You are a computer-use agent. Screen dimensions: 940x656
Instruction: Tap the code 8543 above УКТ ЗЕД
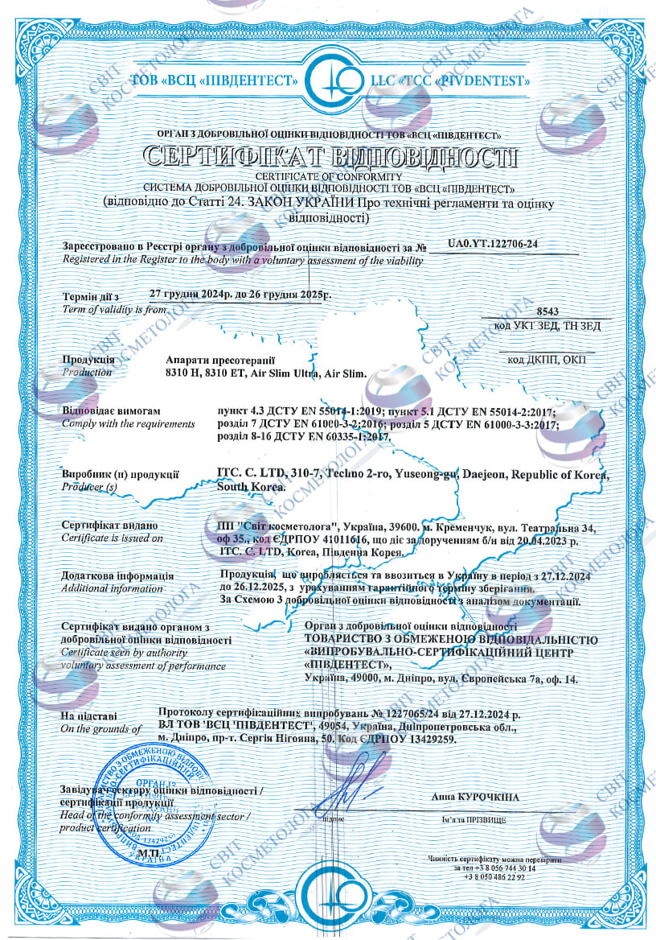point(546,311)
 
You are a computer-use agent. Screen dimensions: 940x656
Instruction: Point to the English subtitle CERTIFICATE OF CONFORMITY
point(328,175)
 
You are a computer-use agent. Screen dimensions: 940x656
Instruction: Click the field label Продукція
point(88,360)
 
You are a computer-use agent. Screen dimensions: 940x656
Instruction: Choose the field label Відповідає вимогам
point(105,411)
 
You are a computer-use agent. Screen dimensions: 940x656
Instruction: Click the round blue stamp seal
point(150,805)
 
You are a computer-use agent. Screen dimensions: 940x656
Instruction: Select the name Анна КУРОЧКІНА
point(475,797)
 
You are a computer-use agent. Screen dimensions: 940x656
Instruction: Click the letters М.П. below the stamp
point(148,852)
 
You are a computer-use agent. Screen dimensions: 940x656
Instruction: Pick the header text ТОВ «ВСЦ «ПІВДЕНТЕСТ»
point(216,81)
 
